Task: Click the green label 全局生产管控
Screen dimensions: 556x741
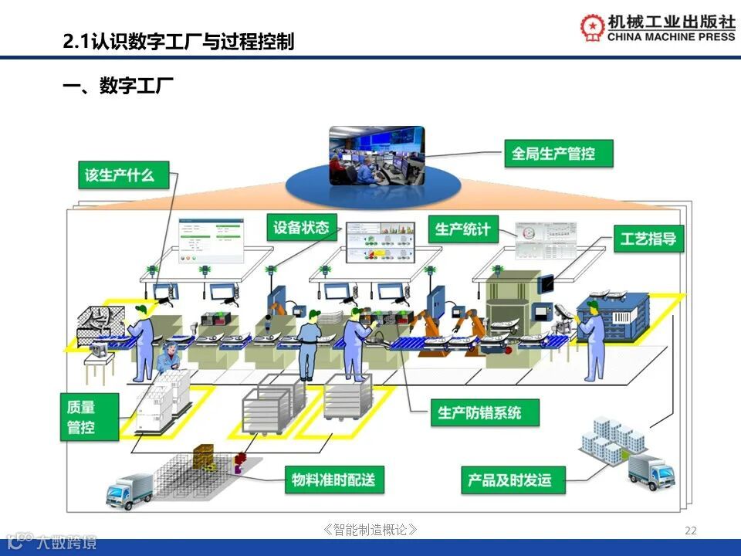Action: [x=553, y=154]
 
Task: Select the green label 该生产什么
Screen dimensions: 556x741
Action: [x=120, y=175]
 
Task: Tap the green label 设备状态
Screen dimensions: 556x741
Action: [x=301, y=227]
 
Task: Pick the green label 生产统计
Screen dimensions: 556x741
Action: [x=462, y=229]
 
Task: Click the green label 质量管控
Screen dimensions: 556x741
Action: [x=81, y=417]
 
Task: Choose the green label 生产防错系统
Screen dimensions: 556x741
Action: [x=479, y=412]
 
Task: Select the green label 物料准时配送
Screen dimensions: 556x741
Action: [x=333, y=480]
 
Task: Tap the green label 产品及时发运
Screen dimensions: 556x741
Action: [x=509, y=480]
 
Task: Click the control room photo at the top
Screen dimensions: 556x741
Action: [x=377, y=155]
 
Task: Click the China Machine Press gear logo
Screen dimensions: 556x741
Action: [x=592, y=27]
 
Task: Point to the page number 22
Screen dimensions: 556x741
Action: [x=691, y=530]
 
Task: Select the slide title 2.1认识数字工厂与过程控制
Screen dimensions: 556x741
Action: [x=178, y=41]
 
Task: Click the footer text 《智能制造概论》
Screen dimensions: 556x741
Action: [x=371, y=530]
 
